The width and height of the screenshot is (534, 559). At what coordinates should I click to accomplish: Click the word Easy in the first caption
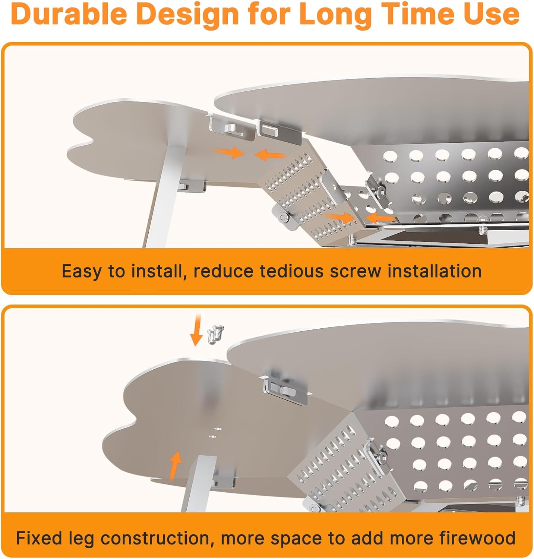(x=81, y=271)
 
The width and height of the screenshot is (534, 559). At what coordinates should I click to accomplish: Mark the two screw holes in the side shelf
(x=213, y=432)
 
